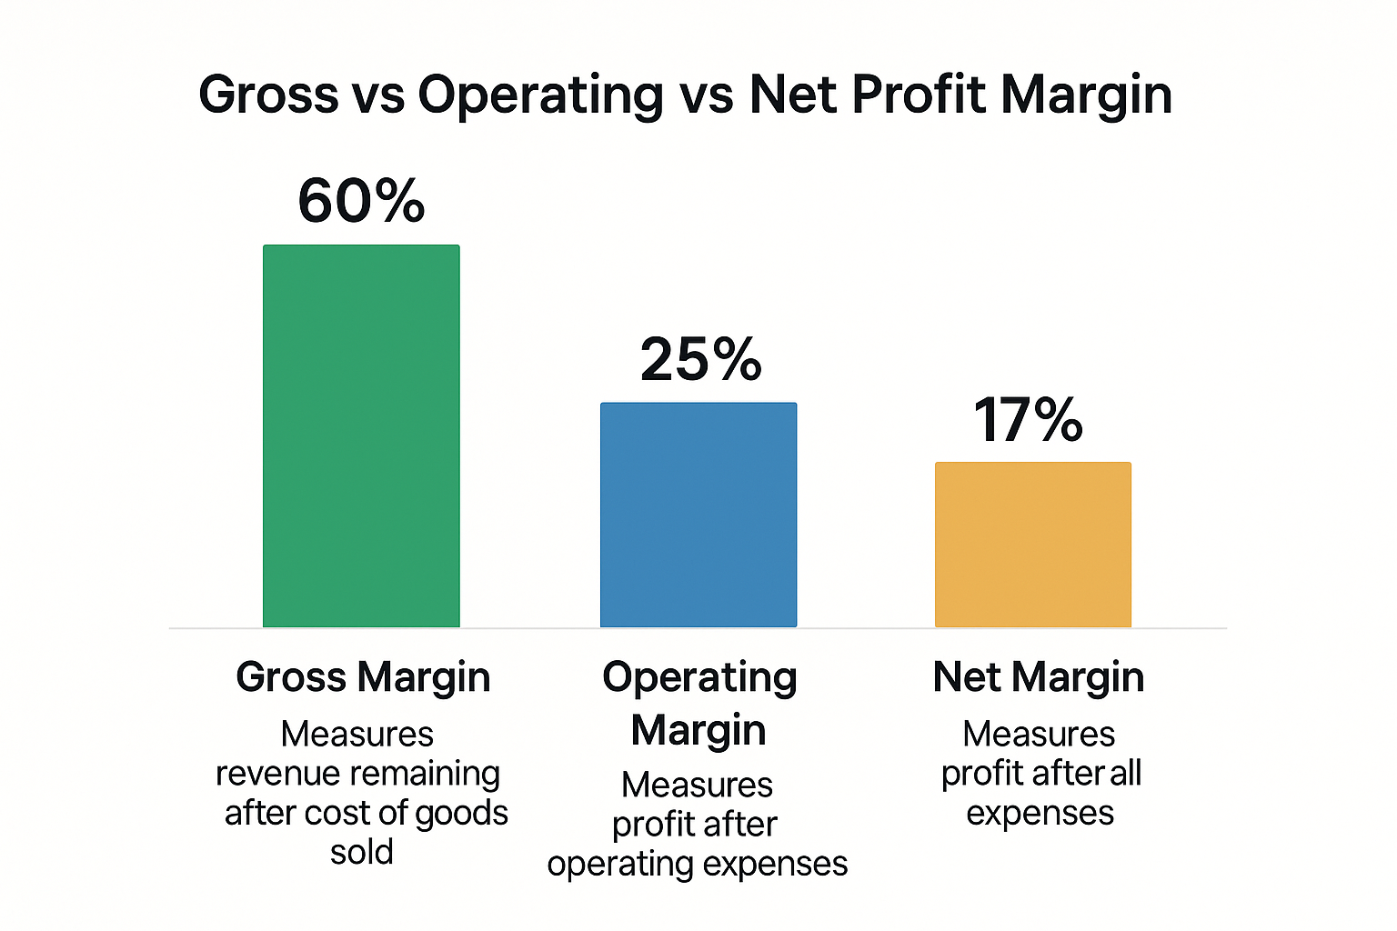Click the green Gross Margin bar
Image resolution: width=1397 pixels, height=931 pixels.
click(361, 436)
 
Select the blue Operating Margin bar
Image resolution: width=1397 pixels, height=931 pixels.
click(698, 515)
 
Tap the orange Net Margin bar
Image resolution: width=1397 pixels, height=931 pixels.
click(1033, 545)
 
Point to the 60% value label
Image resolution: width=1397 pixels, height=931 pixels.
click(361, 201)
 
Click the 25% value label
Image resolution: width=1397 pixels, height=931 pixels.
click(700, 359)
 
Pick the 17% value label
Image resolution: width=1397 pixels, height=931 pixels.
click(1028, 420)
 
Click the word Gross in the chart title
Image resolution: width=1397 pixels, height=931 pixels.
click(268, 94)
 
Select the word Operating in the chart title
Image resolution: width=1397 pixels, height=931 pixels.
click(540, 95)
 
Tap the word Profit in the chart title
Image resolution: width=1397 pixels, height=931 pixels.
click(918, 94)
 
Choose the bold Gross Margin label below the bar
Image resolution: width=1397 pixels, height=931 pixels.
click(363, 677)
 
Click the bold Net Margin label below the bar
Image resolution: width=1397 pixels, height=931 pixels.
click(1038, 677)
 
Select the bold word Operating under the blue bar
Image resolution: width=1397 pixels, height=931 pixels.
click(699, 678)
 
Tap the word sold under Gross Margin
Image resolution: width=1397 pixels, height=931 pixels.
click(361, 852)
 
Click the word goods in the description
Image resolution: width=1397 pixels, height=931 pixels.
click(461, 813)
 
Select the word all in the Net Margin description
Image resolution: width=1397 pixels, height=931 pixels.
click(1125, 774)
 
